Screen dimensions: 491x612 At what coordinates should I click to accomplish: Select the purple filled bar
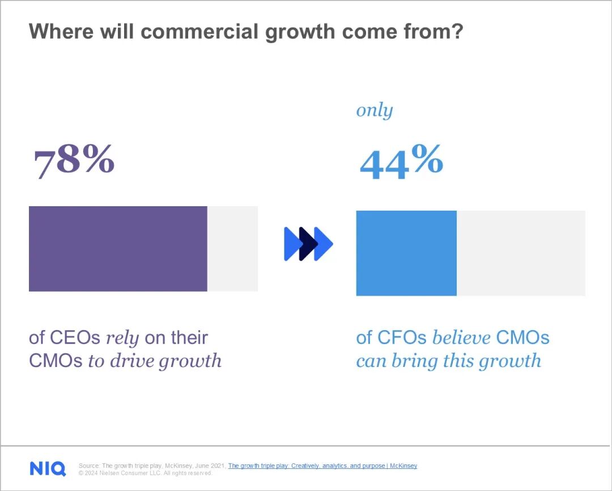[118, 249]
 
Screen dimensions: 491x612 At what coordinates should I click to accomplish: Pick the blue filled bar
[406, 253]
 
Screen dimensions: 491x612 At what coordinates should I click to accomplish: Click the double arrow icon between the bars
[308, 244]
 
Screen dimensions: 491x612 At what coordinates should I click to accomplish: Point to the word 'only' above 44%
[374, 110]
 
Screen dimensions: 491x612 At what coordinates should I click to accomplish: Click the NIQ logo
[48, 468]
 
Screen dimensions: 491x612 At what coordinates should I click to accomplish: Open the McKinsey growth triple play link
[322, 466]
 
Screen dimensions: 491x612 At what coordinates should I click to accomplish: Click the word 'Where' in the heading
[61, 32]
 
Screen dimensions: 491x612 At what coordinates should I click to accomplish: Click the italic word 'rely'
[123, 338]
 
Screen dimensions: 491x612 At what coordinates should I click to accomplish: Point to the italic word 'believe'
[461, 338]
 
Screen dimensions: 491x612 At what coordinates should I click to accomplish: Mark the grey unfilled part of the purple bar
[232, 249]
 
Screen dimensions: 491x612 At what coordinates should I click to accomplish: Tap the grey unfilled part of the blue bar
[521, 253]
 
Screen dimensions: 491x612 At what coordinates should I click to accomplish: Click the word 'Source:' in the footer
[89, 466]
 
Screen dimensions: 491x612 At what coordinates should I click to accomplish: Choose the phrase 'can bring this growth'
[448, 361]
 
